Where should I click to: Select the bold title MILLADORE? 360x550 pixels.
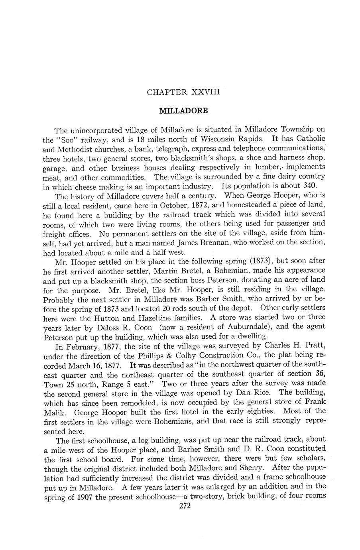(x=183, y=110)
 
